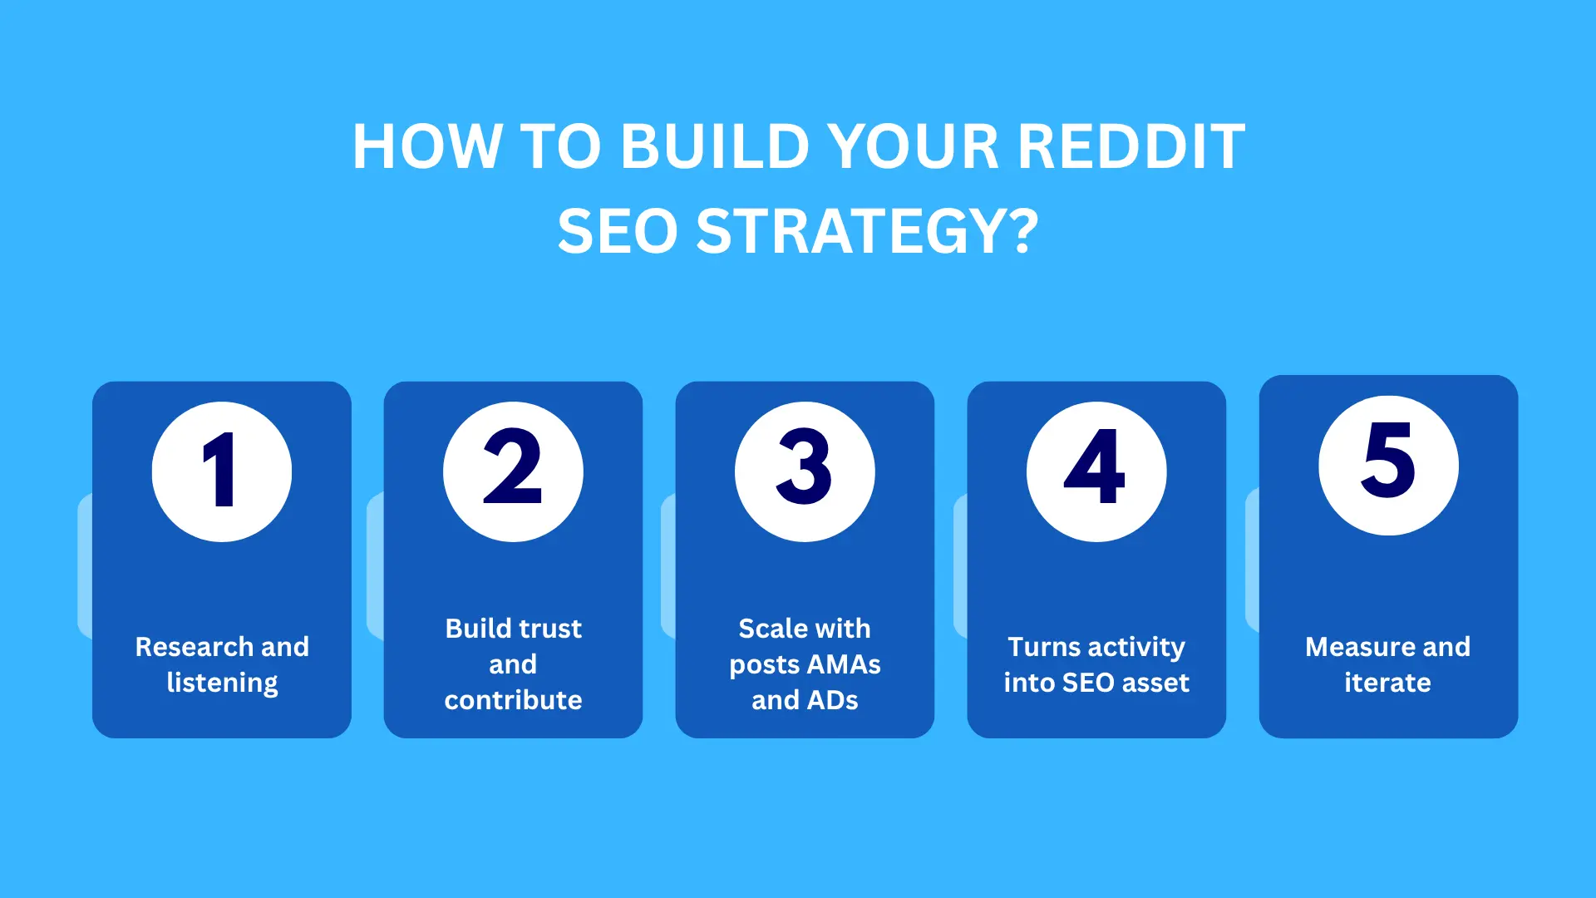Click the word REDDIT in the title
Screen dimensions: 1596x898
pos(1131,147)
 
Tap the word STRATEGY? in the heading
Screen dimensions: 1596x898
pos(867,231)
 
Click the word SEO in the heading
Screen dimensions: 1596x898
pos(618,231)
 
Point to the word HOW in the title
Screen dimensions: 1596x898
pos(427,147)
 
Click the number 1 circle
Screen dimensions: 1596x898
pos(222,471)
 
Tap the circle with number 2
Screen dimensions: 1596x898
pos(513,471)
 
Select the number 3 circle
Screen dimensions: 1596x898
pos(805,471)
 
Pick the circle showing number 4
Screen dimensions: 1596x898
pos(1096,471)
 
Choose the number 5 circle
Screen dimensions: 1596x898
pos(1388,465)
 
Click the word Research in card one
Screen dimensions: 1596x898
pos(194,646)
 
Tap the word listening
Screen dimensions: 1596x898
pos(222,683)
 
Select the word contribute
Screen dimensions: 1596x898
pos(513,700)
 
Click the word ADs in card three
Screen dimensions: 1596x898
pos(832,700)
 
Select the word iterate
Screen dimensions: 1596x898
pos(1388,683)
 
